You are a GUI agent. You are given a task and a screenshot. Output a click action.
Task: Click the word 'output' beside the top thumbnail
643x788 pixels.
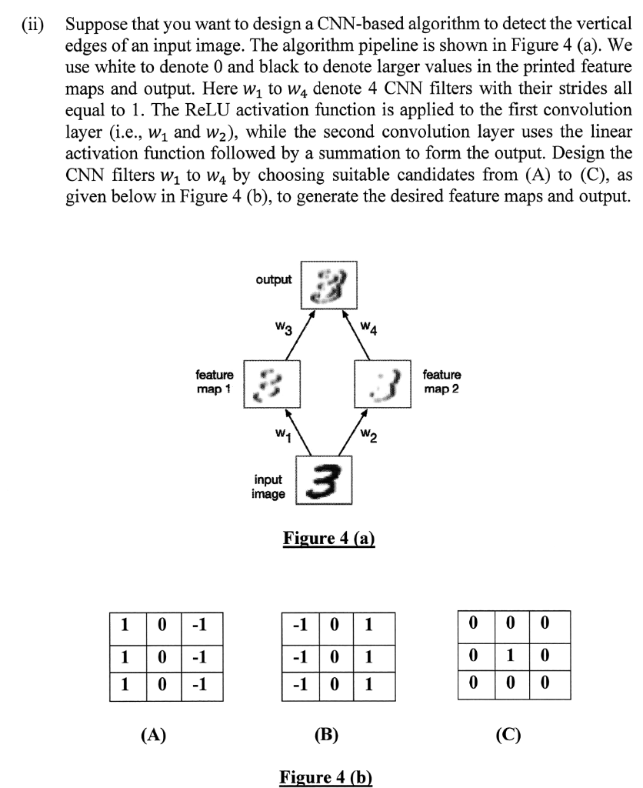[x=274, y=279]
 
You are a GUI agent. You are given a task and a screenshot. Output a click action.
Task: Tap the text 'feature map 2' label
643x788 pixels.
[x=442, y=382]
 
